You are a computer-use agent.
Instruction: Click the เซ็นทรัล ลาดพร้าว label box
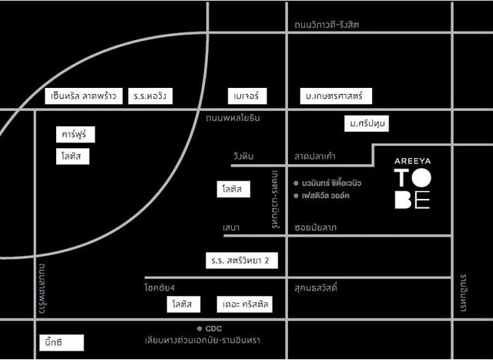click(82, 96)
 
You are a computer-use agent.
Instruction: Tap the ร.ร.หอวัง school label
click(150, 96)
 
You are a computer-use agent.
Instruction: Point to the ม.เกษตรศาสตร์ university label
click(336, 96)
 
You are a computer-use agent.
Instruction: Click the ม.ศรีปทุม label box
click(367, 123)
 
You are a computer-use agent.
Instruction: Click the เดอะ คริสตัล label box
click(244, 304)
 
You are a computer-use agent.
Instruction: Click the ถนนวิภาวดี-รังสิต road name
click(327, 25)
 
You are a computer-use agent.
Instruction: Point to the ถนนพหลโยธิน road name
click(233, 118)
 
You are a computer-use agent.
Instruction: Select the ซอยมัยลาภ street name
click(317, 228)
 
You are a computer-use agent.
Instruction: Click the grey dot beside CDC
click(200, 328)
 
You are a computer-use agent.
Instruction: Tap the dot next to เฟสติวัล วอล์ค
click(297, 196)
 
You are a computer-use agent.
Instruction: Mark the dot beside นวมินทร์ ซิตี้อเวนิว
click(297, 183)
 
